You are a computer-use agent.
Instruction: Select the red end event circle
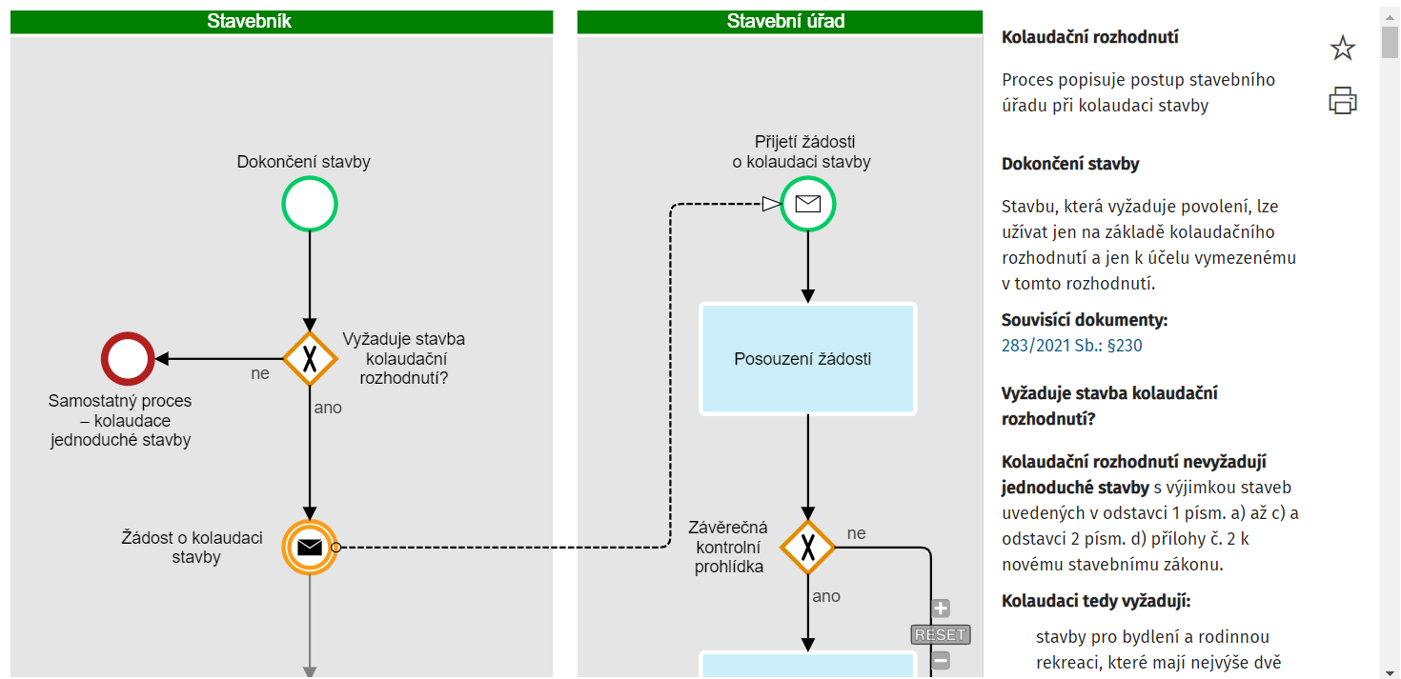point(128,359)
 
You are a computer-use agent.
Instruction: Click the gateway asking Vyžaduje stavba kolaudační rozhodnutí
point(310,359)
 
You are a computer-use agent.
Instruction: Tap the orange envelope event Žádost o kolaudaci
point(310,547)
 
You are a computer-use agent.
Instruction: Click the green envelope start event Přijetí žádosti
point(807,204)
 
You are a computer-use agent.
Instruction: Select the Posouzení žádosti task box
point(807,359)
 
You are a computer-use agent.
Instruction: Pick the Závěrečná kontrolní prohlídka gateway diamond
point(807,548)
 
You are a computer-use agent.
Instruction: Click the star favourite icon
point(1342,49)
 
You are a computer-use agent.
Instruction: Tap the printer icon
point(1342,100)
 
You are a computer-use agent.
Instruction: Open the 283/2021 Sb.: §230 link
point(1071,346)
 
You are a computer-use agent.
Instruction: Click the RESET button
point(940,634)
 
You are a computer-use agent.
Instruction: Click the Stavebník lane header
point(281,21)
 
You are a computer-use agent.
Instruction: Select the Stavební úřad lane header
point(780,21)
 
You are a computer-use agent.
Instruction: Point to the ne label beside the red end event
point(260,374)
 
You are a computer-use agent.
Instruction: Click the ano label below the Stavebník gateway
point(328,408)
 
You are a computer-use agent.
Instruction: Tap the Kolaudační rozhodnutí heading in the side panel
point(1089,37)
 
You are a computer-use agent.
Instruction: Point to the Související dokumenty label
point(1084,320)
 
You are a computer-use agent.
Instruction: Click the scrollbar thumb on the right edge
point(1390,43)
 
